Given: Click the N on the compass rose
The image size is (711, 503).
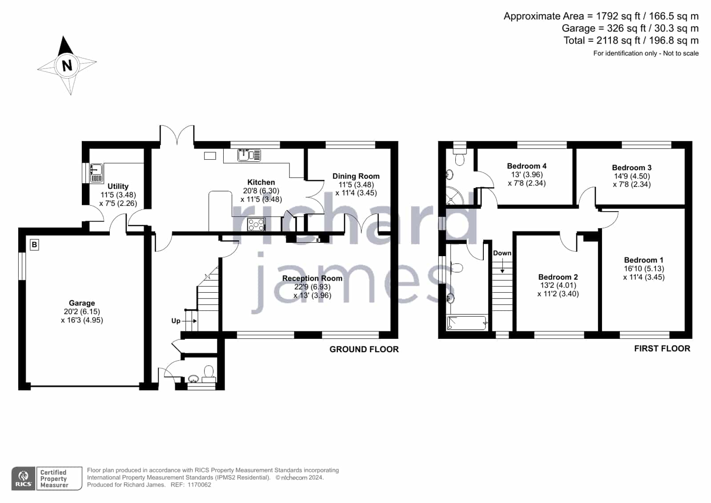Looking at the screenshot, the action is coord(67,66).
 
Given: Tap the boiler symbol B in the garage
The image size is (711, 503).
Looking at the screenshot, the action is coord(34,245).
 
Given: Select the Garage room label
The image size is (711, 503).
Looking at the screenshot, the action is coord(82,303).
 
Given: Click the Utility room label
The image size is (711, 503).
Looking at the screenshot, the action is coord(118,186).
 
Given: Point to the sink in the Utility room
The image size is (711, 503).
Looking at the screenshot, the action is coord(96,173).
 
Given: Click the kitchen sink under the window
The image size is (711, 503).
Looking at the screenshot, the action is coord(249,155).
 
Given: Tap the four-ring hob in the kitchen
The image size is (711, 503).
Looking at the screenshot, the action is coord(256,225).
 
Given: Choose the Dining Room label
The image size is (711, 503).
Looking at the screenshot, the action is coord(356,176).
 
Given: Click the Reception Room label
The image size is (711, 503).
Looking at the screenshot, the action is coord(312,278).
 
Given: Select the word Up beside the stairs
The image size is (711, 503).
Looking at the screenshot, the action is coord(176,321).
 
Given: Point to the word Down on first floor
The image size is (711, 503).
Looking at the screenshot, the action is coord(502,253).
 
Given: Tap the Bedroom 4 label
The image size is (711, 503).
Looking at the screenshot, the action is coord(526,166).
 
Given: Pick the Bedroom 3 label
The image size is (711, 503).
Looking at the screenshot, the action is coord(632,168).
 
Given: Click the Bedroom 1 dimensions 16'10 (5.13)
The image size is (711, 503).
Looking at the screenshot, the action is coord(644,269).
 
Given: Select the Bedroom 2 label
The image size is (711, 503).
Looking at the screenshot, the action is coord(558,277).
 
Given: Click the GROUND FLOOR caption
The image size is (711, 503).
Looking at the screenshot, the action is coord(364,349).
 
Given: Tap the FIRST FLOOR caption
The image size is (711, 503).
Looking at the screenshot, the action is coord(662,349).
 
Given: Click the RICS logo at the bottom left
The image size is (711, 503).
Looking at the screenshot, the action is coord(24,478).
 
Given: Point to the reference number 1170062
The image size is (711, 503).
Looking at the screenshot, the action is coord(199,485).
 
